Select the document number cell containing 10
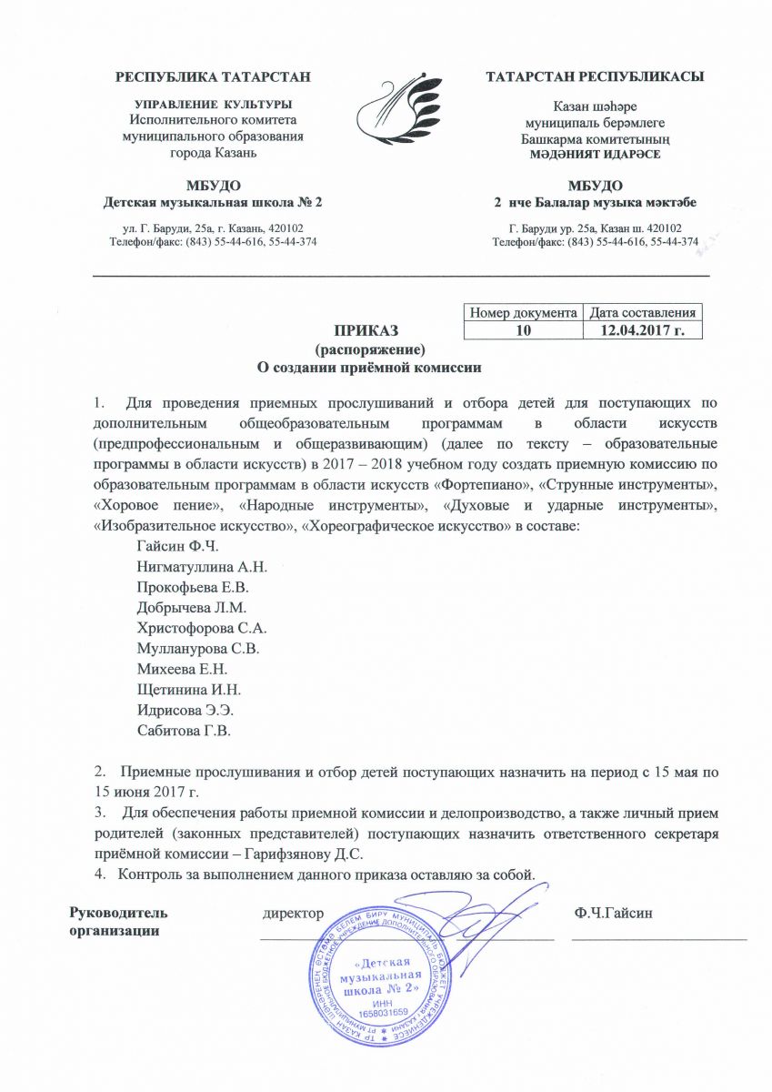[x=522, y=330]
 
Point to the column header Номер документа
[x=522, y=313]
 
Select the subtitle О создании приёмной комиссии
[x=369, y=368]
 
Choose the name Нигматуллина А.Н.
[x=201, y=566]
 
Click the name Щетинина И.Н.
[x=187, y=689]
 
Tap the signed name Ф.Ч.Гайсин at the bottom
[x=614, y=887]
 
